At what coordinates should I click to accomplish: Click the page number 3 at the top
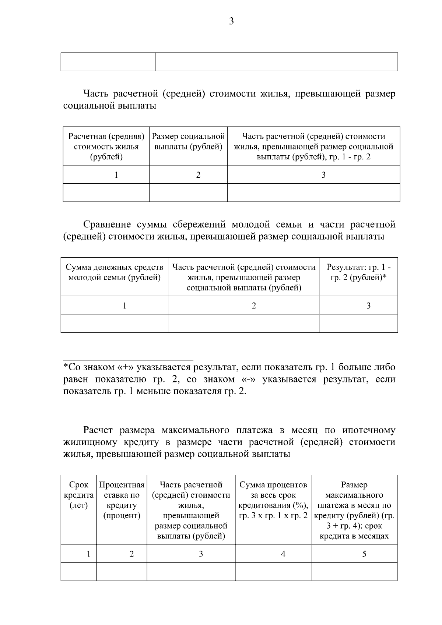pos(231,22)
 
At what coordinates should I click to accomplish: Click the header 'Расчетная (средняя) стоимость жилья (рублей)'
pos(106,146)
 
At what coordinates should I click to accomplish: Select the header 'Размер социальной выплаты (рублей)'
pos(188,142)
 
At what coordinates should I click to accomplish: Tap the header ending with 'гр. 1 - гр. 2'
pos(313,146)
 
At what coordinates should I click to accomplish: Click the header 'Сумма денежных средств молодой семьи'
pos(115,272)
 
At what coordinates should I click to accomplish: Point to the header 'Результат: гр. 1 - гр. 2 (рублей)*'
pos(359,272)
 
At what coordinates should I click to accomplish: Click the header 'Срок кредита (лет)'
pos(79,495)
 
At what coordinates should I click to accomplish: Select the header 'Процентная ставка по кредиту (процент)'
pos(122,500)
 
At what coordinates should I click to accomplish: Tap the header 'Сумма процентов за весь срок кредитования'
pos(273,500)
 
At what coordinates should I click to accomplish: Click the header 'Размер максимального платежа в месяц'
pos(354,510)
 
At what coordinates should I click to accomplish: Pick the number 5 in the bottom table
pos(364,554)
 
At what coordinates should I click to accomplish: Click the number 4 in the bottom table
pos(283,554)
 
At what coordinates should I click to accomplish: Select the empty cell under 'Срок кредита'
pos(79,572)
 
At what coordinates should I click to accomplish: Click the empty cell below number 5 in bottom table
pos(354,572)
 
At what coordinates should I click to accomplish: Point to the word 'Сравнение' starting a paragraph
pos(107,225)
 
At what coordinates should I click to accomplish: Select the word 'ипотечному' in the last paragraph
pos(369,430)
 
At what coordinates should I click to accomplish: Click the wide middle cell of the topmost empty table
pos(229,62)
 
